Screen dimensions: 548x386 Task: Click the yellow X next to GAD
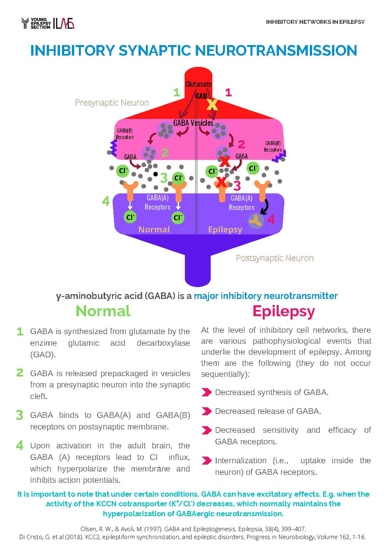[212, 105]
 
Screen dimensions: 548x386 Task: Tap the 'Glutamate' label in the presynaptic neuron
[198, 84]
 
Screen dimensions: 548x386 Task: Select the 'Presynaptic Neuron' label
[112, 103]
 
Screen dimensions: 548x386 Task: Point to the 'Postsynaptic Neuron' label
[274, 258]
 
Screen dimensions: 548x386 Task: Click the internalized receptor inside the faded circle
[256, 221]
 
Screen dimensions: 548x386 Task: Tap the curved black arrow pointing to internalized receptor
[265, 207]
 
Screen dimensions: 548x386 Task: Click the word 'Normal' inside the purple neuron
[154, 229]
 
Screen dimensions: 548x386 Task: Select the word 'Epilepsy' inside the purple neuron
[225, 229]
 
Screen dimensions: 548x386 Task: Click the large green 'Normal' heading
[103, 311]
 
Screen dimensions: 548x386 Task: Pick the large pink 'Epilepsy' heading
[284, 311]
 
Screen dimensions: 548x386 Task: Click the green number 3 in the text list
[20, 415]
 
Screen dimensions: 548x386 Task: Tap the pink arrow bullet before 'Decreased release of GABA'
[206, 411]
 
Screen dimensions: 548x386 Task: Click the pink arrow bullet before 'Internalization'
[206, 461]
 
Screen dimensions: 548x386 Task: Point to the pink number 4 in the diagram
[271, 220]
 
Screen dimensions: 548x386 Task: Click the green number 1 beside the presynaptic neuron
[177, 93]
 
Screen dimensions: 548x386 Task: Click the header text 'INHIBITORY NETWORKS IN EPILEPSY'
[315, 22]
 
